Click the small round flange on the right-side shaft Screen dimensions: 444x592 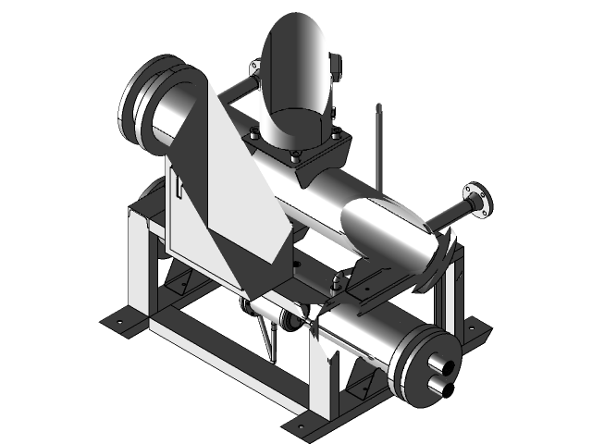[x=478, y=202]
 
